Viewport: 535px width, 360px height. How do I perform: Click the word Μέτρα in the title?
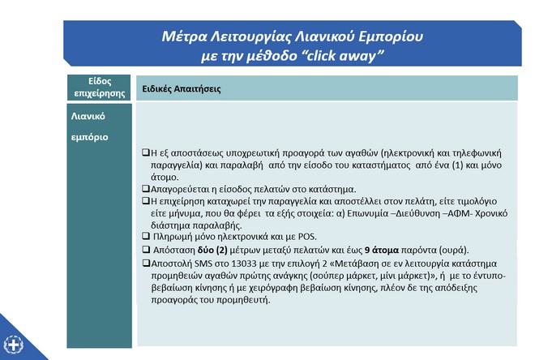tap(182, 37)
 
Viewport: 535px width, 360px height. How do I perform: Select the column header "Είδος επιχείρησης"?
tap(99, 87)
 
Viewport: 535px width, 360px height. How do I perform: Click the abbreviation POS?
tap(307, 235)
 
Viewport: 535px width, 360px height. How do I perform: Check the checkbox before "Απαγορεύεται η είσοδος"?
tap(144, 188)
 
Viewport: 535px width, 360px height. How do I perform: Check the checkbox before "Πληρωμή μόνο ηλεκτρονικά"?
tap(144, 235)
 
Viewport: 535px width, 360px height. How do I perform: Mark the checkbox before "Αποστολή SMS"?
tap(144, 263)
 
